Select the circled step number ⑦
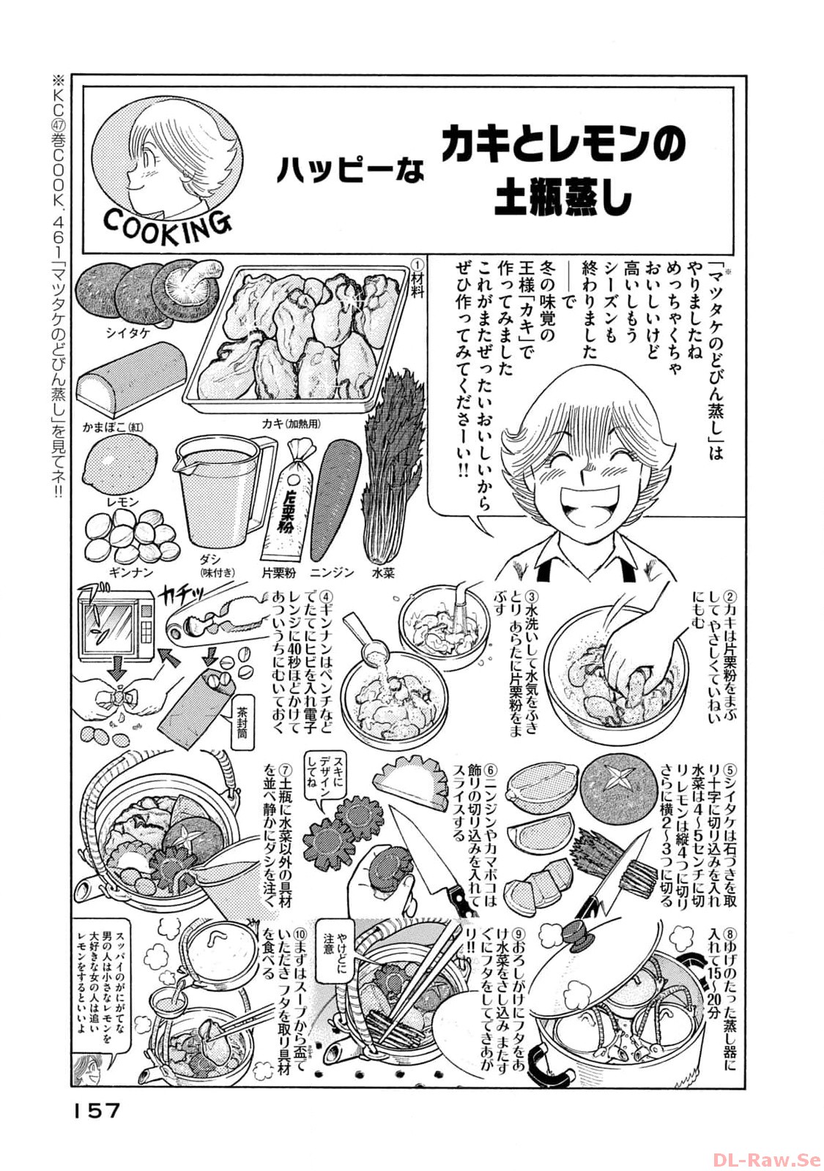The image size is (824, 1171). click(x=285, y=771)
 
